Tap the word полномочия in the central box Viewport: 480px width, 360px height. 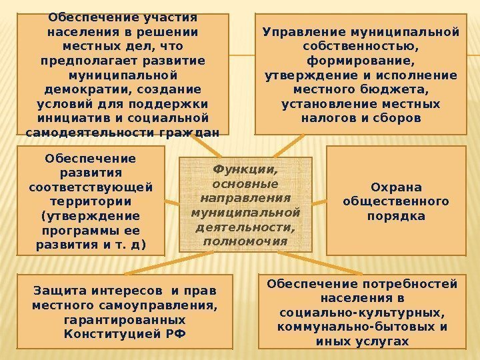[245, 240]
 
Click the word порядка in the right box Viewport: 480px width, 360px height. [395, 216]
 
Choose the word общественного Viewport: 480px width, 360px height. [395, 201]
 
